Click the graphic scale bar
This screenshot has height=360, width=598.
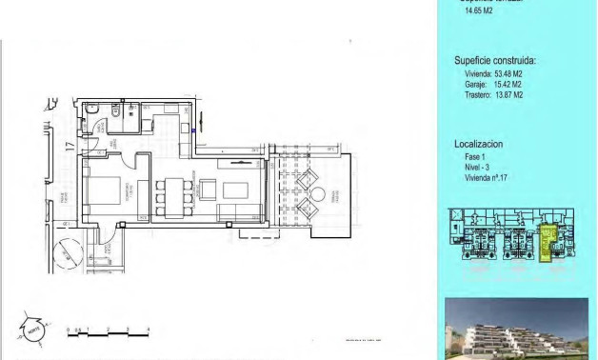coord(108,332)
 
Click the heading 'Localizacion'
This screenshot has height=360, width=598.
coord(478,144)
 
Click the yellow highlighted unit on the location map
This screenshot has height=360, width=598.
coord(548,242)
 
